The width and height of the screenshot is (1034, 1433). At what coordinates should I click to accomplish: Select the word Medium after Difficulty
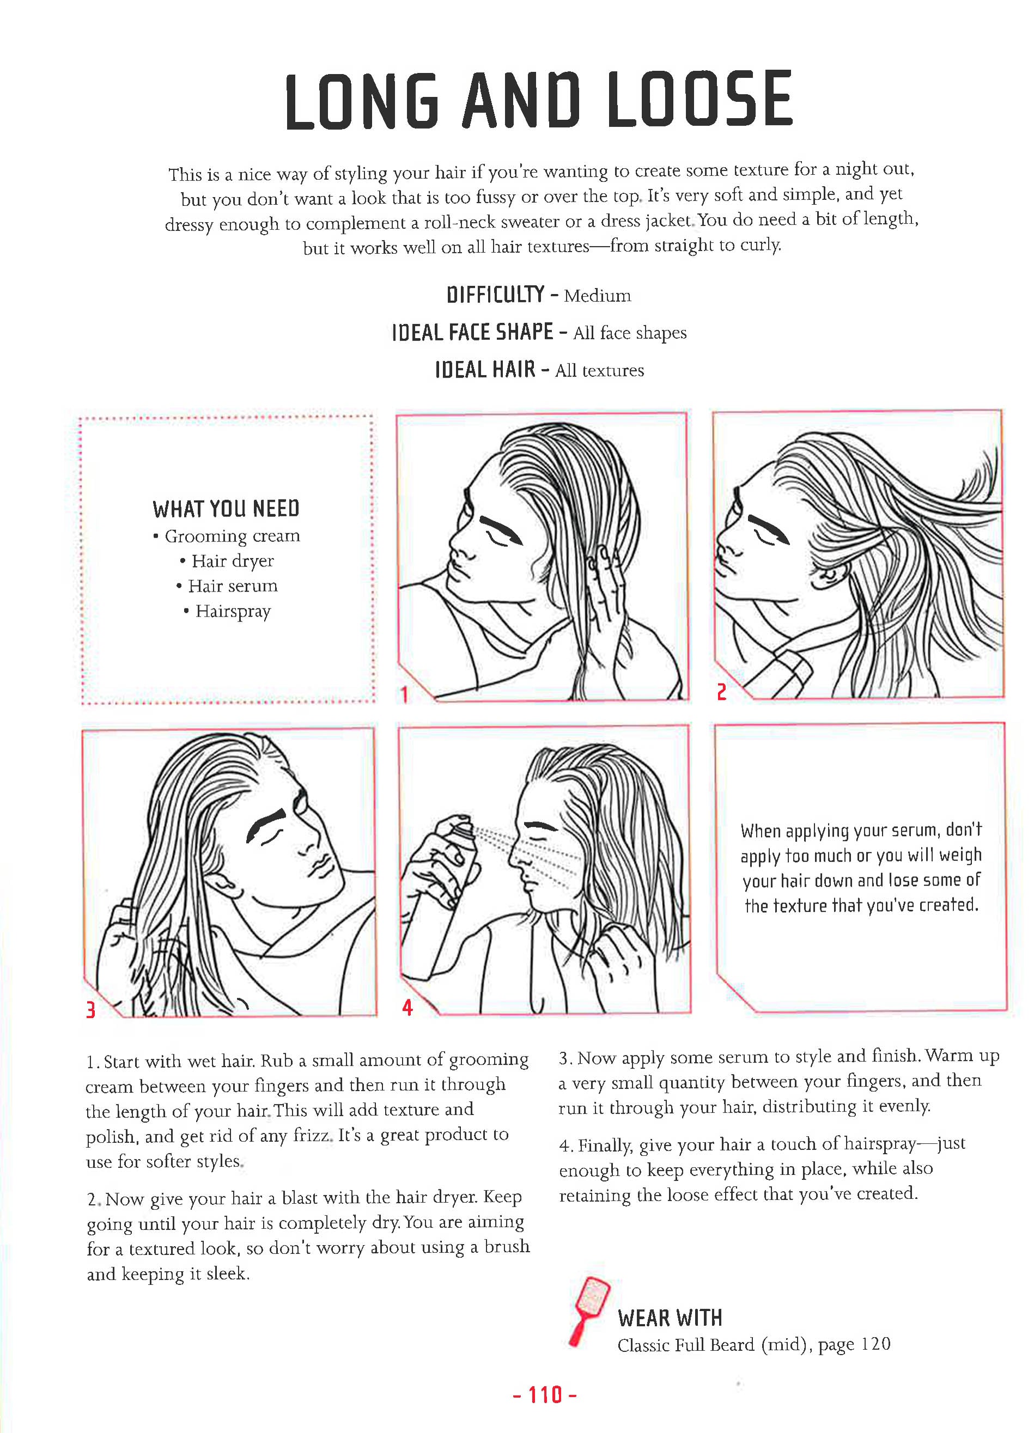(x=597, y=296)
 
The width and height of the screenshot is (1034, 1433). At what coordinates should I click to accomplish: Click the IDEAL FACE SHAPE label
(x=472, y=332)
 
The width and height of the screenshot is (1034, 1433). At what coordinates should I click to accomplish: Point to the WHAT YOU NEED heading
(x=226, y=509)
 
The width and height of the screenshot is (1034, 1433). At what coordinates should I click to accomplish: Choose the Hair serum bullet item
(x=232, y=587)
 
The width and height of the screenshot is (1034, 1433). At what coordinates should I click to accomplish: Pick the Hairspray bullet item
(x=233, y=612)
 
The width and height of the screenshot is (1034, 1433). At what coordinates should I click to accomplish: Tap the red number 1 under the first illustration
(x=404, y=695)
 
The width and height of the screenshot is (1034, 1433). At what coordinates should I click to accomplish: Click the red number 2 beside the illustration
(x=721, y=692)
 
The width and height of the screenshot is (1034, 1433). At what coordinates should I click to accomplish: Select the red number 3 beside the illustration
(x=90, y=1010)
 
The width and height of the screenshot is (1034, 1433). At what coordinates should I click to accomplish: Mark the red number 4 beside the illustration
(x=407, y=1008)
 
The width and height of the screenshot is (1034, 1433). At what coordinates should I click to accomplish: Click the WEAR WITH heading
(x=670, y=1318)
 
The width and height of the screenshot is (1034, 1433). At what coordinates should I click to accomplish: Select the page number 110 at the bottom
(x=545, y=1394)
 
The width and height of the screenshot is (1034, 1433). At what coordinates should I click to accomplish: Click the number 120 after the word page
(x=875, y=1344)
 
